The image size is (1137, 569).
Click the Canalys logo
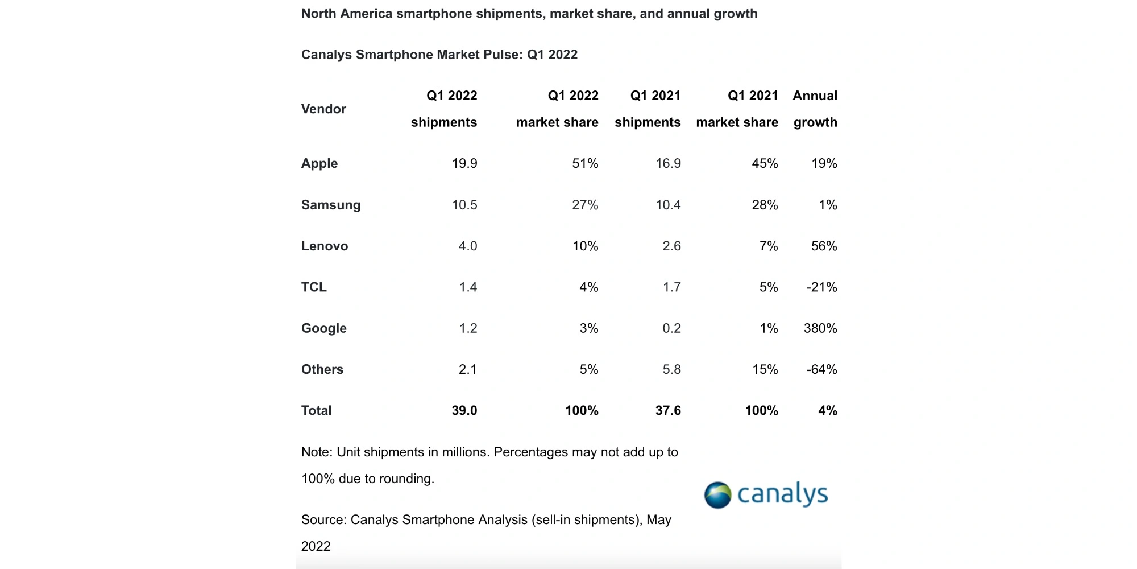tap(765, 494)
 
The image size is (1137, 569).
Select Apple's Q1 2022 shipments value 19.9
tap(464, 164)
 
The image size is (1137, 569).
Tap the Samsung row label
tap(331, 205)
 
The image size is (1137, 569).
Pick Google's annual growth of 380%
tap(820, 328)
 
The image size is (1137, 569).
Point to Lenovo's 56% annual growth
tap(824, 246)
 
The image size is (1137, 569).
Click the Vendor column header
tap(323, 109)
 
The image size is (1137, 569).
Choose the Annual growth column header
tap(815, 109)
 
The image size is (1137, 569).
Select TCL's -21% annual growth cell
tap(821, 287)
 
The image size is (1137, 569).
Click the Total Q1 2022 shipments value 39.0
tap(464, 411)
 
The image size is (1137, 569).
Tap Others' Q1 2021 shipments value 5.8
tap(671, 370)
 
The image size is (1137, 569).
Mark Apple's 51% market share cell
tap(585, 164)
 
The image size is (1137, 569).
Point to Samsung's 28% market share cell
tap(765, 205)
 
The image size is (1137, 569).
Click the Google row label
tap(323, 328)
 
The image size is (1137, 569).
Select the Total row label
tap(316, 411)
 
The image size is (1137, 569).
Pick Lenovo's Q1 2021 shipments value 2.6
tap(671, 246)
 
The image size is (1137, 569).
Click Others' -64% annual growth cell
tap(821, 370)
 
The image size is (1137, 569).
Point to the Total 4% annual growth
tap(827, 411)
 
